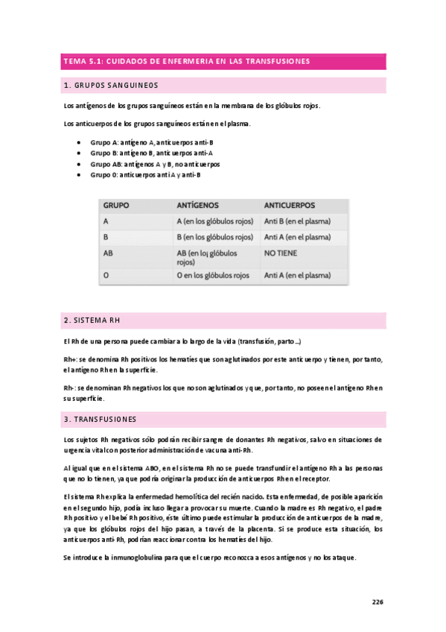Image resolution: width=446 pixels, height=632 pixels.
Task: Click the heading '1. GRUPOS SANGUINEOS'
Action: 111,85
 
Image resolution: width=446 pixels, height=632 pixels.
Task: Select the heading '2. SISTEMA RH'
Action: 92,320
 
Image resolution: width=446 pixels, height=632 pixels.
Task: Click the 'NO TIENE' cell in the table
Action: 281,253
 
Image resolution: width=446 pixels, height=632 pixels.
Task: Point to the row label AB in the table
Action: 109,253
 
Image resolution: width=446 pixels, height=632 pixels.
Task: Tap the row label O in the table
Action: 106,276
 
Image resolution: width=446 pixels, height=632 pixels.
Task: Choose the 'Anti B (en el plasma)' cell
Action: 297,221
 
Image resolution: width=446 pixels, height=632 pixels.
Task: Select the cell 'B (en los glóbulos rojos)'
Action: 214,237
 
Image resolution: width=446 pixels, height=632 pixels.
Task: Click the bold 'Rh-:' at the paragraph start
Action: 69,388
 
